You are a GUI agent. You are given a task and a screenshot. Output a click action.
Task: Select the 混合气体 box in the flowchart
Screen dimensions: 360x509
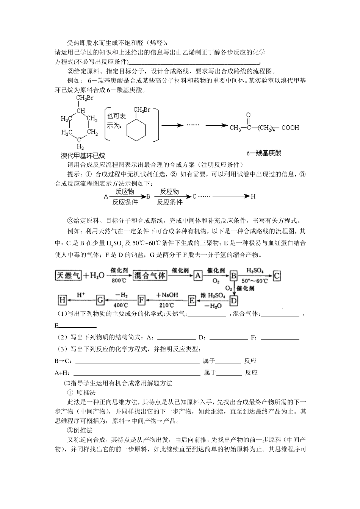[150, 275]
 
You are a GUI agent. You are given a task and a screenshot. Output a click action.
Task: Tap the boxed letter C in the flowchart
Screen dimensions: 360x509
[277, 276]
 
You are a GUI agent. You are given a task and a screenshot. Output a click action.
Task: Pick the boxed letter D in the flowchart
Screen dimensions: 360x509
[234, 301]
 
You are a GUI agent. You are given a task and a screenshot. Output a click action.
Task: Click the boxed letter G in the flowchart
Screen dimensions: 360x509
[100, 300]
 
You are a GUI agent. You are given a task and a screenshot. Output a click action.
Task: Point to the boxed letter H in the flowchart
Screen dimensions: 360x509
[62, 300]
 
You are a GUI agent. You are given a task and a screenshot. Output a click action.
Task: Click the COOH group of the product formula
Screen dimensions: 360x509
[291, 128]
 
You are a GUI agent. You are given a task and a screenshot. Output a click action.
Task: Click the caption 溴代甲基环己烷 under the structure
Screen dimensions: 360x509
[83, 156]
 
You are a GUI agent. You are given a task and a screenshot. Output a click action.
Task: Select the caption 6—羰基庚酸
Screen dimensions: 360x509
[264, 153]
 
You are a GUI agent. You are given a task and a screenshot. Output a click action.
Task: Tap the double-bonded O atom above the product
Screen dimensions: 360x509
[248, 115]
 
